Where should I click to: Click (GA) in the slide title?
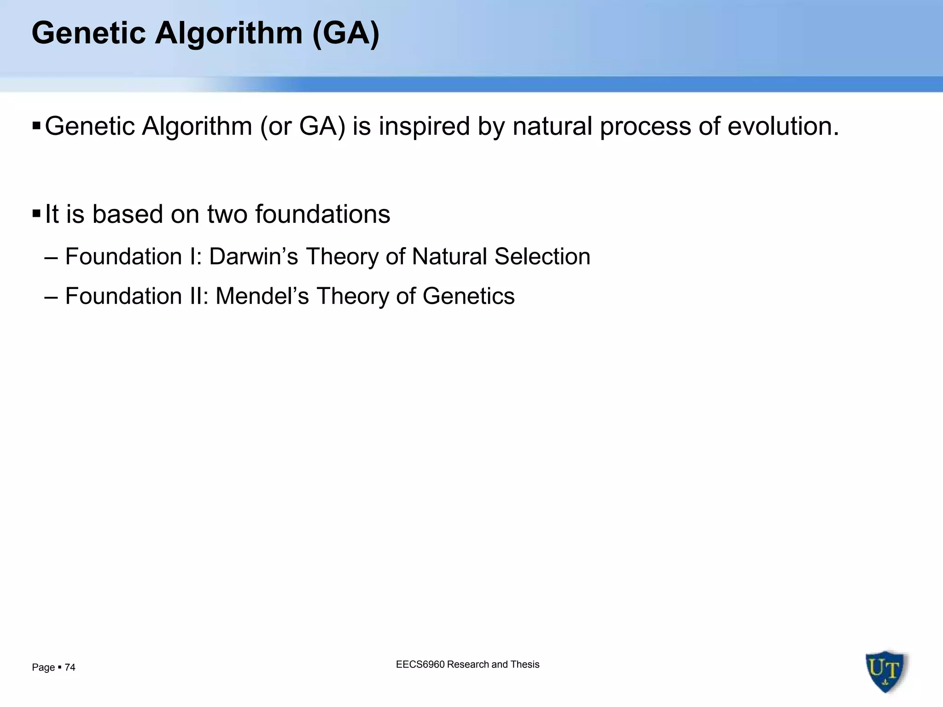345,33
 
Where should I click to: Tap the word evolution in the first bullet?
783,126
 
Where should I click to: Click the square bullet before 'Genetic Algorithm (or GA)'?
37,125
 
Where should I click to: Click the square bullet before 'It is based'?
37,214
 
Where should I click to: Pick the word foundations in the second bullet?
322,214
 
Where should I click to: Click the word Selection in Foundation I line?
542,256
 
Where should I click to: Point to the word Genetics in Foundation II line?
468,296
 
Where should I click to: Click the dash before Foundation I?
51,257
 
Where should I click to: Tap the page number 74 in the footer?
70,667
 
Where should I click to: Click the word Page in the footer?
43,667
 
